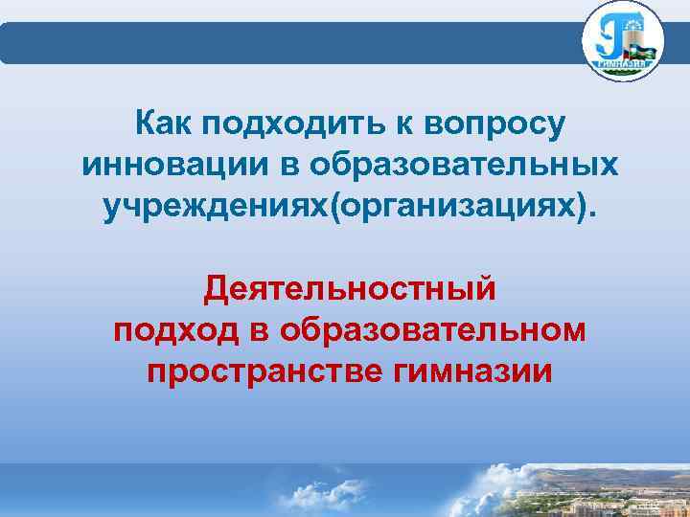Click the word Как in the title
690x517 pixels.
(x=163, y=124)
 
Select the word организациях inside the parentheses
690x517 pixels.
(x=457, y=206)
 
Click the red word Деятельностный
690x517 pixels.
(x=351, y=287)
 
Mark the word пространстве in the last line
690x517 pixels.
(x=265, y=371)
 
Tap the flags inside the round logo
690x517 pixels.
(x=640, y=47)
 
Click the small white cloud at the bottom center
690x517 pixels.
(x=316, y=493)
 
